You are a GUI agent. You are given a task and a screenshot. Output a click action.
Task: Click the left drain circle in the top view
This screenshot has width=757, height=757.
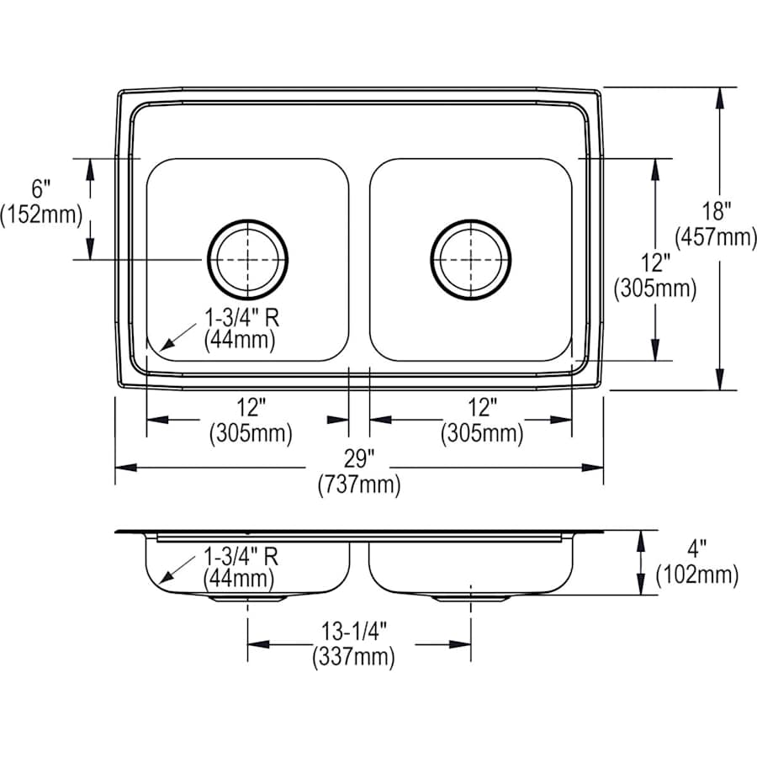pos(247,260)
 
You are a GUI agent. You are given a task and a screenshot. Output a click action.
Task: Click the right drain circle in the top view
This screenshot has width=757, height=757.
pos(470,260)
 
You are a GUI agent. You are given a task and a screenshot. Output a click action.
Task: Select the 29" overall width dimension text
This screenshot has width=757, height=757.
pos(358,459)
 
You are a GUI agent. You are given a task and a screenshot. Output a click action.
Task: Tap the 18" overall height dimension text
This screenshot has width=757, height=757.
pos(717,209)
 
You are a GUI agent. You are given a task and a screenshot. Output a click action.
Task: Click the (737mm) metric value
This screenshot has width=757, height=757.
pos(358,485)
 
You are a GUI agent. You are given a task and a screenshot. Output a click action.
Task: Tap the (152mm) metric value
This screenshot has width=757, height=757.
pos(41,215)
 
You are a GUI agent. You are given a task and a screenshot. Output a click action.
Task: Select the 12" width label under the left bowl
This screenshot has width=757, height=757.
pos(250,408)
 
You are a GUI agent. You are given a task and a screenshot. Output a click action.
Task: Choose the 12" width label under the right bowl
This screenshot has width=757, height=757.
pos(482,408)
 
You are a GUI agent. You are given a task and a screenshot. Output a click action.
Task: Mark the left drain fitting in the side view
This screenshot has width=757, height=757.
pos(247,598)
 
